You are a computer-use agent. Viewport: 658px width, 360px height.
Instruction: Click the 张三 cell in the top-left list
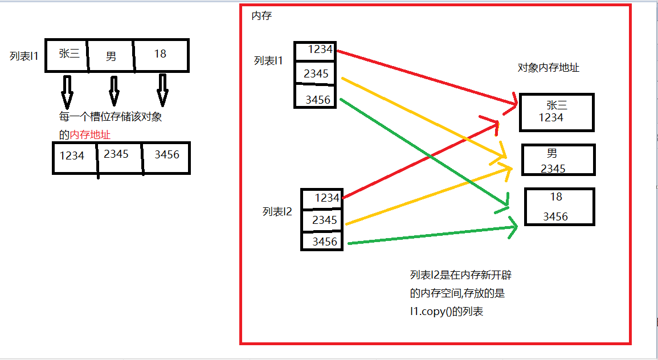point(67,55)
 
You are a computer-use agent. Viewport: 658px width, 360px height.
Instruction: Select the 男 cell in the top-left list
point(111,56)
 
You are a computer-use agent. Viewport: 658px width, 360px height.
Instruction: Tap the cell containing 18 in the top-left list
point(161,55)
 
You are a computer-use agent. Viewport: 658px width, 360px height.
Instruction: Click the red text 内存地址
point(90,135)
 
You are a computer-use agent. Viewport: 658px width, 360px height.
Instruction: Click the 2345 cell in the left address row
point(118,156)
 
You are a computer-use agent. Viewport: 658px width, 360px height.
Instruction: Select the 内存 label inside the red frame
point(261,16)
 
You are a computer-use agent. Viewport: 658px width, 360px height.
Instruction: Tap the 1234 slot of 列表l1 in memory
point(316,51)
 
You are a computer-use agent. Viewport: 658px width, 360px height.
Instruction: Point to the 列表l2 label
point(277,212)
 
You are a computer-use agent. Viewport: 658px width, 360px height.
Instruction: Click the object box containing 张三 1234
point(557,112)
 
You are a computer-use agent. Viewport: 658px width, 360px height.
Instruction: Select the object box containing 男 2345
point(558,160)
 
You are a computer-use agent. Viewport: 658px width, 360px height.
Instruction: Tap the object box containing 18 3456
point(559,206)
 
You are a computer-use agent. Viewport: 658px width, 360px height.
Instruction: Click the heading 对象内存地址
point(548,68)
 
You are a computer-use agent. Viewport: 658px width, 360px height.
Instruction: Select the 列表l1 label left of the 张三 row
point(24,56)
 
